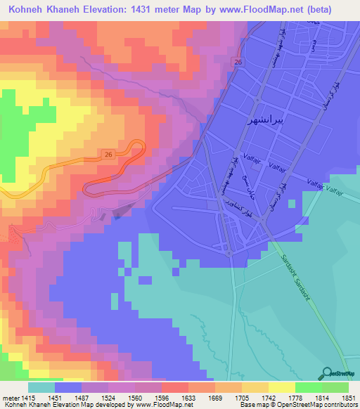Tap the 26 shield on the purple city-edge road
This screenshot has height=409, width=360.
(238, 63)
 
